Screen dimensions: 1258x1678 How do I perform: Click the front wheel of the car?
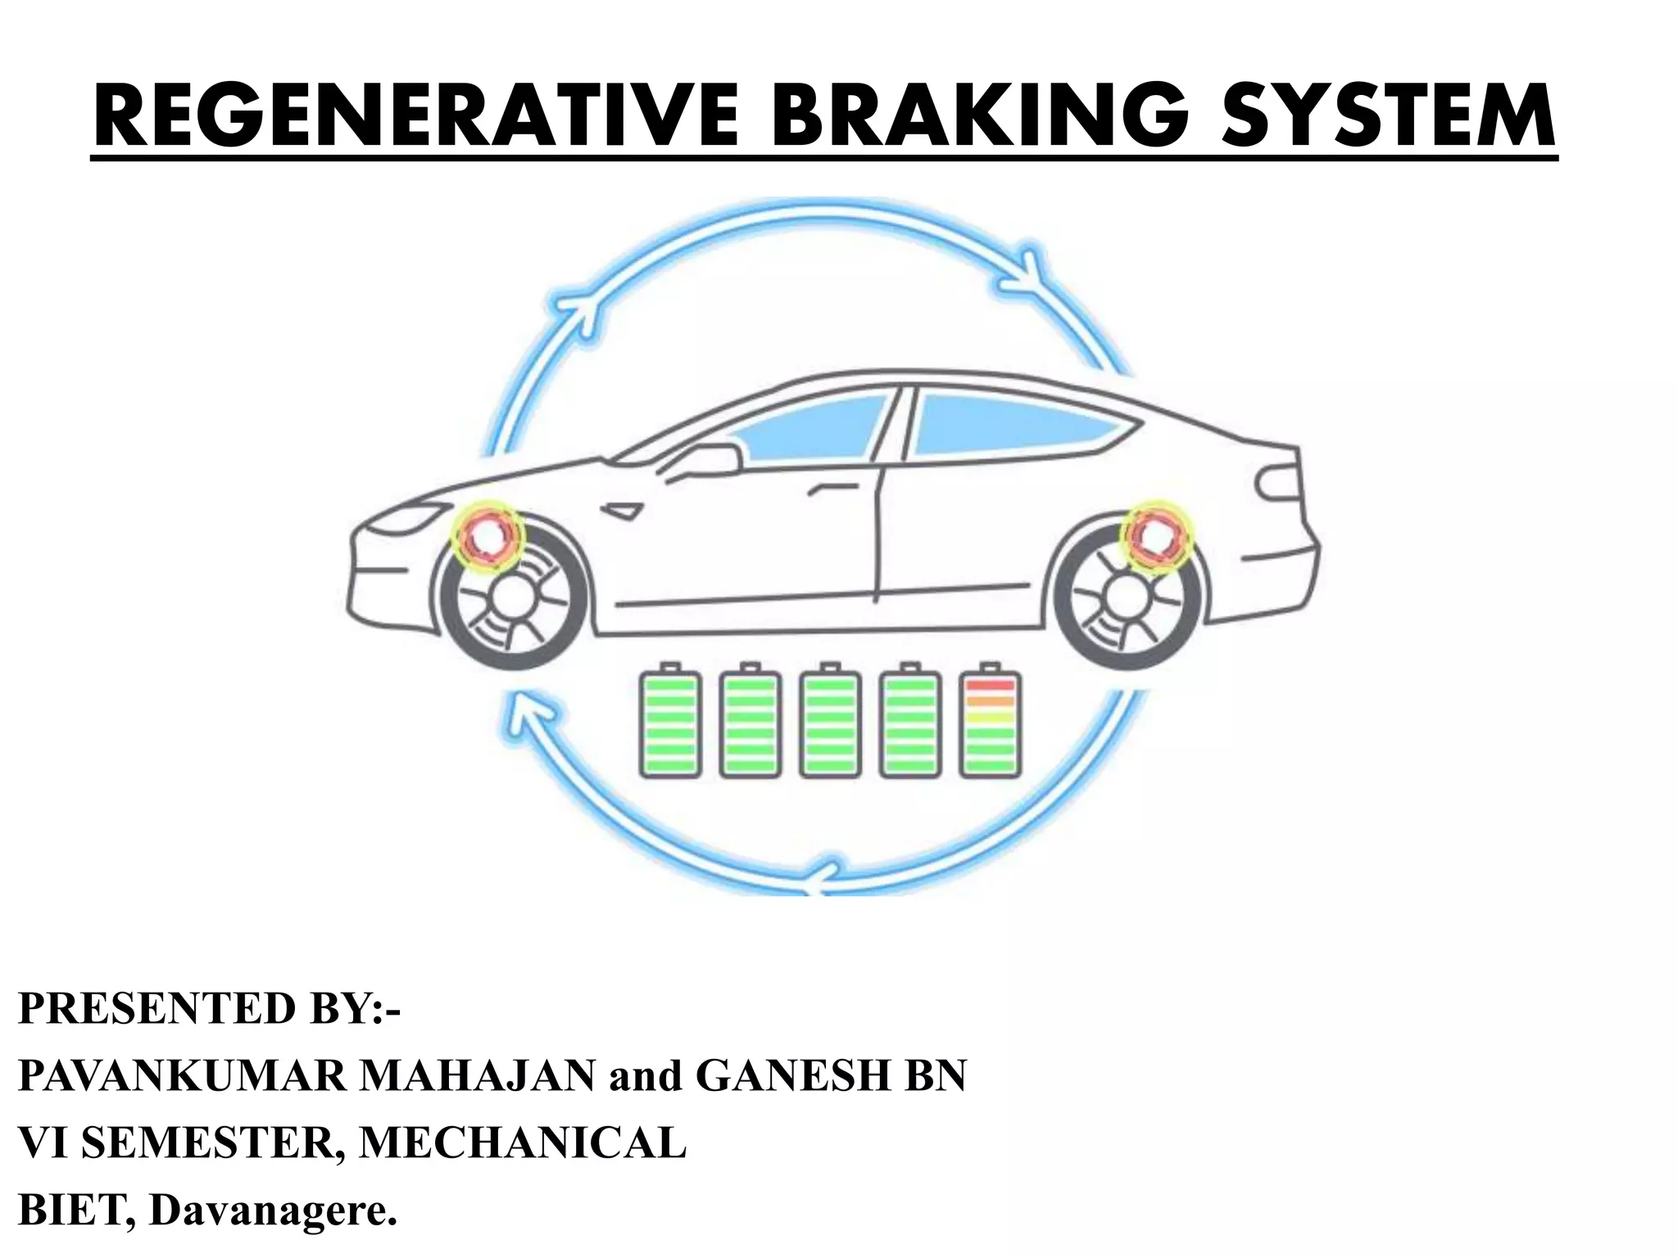513,599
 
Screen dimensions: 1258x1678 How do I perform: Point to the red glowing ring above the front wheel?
488,536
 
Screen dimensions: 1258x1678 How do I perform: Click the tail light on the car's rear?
1277,485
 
